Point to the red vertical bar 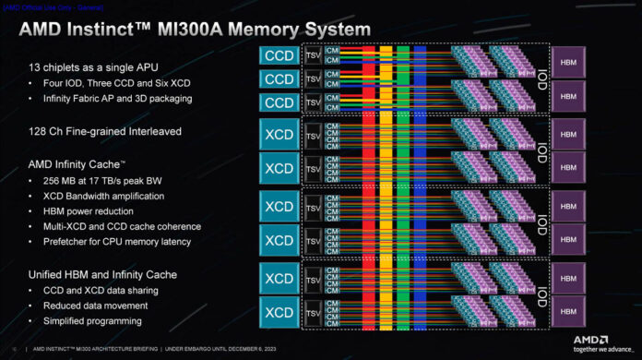click(369, 185)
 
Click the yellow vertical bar click(386, 185)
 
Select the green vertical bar click(403, 185)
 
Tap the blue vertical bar click(421, 185)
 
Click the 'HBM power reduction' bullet click(88, 210)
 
